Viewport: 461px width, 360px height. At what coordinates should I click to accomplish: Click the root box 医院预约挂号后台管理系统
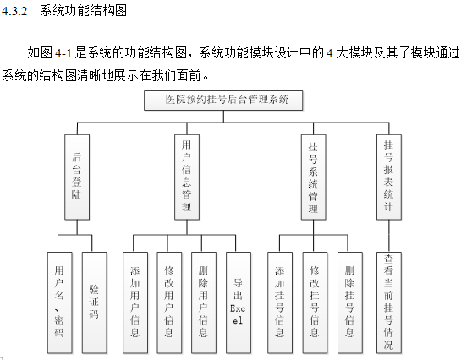[x=223, y=101]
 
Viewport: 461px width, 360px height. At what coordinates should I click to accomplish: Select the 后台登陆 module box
[x=77, y=177]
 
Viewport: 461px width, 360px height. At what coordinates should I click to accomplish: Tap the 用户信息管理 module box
[x=187, y=177]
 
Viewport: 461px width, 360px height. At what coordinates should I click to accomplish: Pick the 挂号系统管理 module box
[x=314, y=177]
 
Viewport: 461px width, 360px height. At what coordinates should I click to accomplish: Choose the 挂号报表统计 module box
[x=389, y=177]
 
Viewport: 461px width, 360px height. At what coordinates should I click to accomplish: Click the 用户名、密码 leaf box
[x=60, y=303]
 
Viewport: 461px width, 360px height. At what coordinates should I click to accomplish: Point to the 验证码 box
[x=95, y=303]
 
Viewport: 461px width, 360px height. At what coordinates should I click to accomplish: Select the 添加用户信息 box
[x=135, y=303]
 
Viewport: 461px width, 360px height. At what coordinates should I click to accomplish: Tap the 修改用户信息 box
[x=169, y=303]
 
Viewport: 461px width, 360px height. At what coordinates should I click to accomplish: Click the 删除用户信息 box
[x=204, y=303]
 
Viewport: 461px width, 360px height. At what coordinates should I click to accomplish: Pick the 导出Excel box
[x=239, y=303]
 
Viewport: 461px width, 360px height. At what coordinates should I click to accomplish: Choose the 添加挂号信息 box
[x=280, y=303]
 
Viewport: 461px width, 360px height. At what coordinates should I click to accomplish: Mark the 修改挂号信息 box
[x=315, y=303]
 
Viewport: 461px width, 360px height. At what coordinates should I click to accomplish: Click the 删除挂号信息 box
[x=350, y=303]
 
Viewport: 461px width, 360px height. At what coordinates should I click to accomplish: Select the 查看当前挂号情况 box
[x=389, y=303]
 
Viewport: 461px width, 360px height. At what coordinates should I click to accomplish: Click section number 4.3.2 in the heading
[x=14, y=11]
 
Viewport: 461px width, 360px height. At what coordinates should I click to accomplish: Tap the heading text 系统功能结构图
[x=84, y=11]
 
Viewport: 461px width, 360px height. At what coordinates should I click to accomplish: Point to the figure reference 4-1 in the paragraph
[x=63, y=53]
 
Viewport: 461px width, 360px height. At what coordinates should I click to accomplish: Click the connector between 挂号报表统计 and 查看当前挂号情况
[x=389, y=236]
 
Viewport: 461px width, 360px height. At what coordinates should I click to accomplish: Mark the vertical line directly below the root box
[x=223, y=117]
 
